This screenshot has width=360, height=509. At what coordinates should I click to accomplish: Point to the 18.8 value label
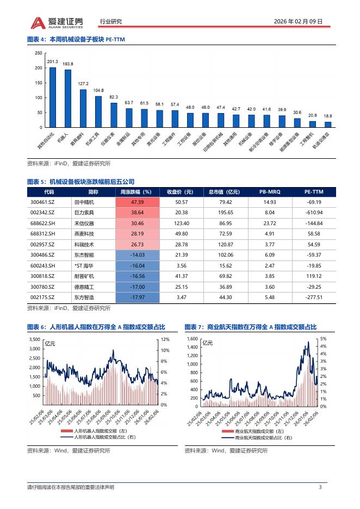point(327,116)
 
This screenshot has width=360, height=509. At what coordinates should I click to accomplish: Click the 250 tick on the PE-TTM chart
point(39,53)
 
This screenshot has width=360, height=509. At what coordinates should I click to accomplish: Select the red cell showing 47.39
point(135,202)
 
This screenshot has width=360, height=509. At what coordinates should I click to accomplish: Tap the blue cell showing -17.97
point(135,297)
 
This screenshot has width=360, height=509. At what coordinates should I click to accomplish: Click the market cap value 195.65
point(224,213)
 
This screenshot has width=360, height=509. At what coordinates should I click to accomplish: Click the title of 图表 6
point(96,327)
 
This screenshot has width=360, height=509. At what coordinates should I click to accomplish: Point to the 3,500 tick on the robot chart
point(34,339)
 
